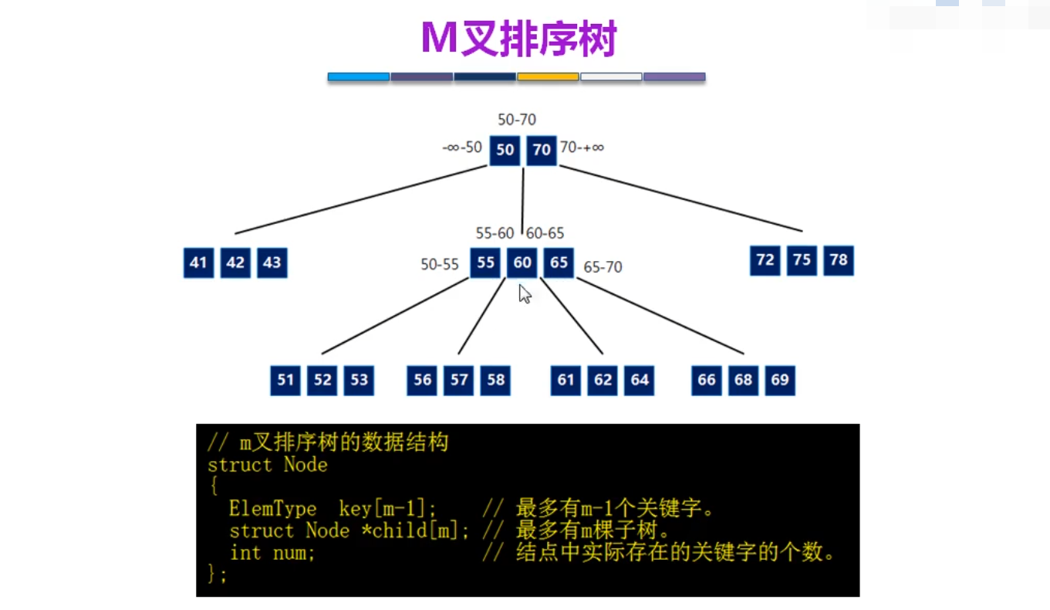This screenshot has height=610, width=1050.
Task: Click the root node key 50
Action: point(505,150)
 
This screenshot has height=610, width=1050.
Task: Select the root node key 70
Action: point(542,150)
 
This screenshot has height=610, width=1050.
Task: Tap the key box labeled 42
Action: point(235,263)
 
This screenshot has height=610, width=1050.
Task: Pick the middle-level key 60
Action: point(522,263)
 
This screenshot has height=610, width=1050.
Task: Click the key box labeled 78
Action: point(839,260)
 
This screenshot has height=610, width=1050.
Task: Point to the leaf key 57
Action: point(459,380)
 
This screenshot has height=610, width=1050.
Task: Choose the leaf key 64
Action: point(640,380)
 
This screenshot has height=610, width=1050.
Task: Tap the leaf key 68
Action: point(743,380)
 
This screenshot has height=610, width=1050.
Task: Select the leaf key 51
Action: point(285,380)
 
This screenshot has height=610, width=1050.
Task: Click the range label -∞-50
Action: point(462,147)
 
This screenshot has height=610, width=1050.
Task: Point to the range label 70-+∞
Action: point(582,147)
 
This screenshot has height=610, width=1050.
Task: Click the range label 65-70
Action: point(603,268)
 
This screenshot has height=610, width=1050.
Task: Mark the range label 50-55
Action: point(440,264)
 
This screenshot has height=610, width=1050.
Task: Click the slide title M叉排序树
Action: point(518,39)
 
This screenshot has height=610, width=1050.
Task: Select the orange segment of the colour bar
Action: point(548,77)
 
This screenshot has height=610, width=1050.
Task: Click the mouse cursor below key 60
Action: point(525,294)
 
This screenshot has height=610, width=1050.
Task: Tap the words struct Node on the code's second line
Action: point(267,465)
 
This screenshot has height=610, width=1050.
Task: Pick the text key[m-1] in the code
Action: point(387,509)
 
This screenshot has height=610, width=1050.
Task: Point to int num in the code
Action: point(272,554)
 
